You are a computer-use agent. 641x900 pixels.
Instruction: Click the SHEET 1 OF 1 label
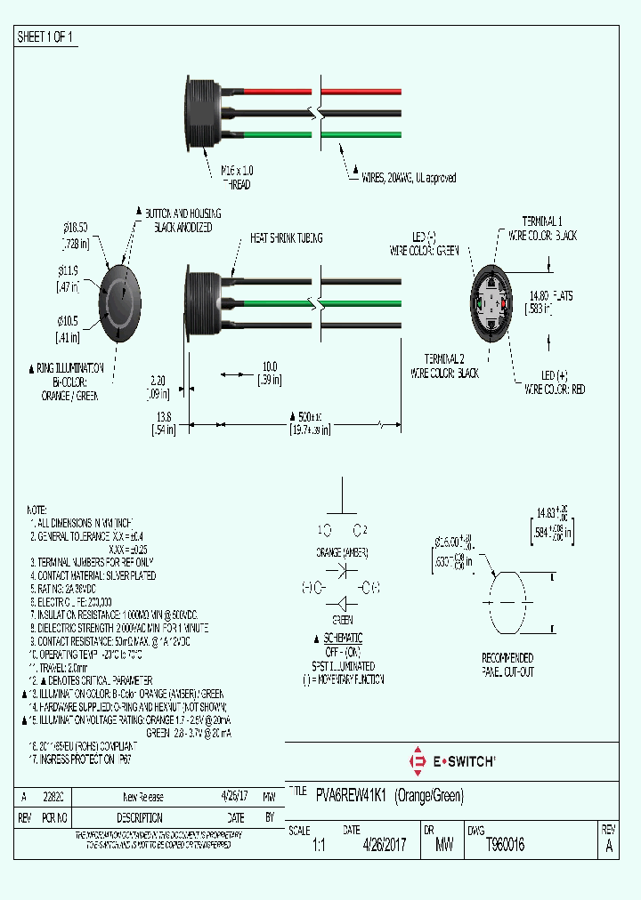[45, 37]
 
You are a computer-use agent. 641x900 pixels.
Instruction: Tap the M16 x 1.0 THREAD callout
[236, 176]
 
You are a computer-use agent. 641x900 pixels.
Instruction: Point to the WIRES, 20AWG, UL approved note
[407, 178]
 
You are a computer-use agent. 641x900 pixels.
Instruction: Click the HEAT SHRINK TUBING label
[286, 238]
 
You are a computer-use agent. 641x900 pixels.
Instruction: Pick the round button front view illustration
[119, 303]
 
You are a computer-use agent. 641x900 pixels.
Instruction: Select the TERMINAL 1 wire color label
[542, 228]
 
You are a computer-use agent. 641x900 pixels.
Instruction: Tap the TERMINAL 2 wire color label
[444, 366]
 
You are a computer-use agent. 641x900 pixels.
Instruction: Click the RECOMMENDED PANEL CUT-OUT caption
[507, 665]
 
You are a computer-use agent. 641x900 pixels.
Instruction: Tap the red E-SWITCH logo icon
[416, 761]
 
